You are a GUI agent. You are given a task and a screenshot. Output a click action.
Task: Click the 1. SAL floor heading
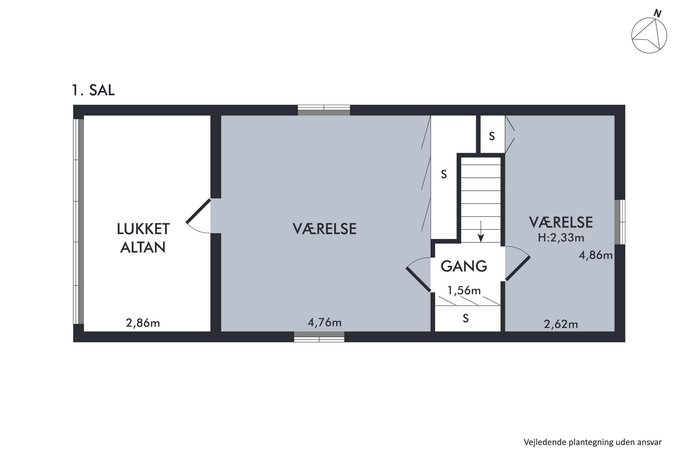pos(93,90)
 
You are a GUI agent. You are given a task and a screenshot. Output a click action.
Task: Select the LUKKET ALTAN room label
pos(143,238)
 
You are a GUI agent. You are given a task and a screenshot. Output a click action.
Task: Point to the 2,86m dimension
pos(143,323)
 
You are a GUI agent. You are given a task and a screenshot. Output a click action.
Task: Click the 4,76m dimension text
pos(324,322)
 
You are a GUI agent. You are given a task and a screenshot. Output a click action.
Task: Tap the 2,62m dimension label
pos(561,324)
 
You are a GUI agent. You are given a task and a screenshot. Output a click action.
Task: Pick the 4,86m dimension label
pos(596,255)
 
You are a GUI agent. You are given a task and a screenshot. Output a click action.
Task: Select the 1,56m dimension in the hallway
pos(464,290)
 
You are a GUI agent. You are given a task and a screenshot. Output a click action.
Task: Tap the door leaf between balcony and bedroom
pos(198,211)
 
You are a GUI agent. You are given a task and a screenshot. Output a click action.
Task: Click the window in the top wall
pos(324,110)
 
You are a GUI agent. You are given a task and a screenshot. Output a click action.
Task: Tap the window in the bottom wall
pos(319,337)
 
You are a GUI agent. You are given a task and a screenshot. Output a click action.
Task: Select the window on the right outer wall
pos(619,222)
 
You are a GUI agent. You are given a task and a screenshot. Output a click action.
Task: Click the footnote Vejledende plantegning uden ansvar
pos(593,442)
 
